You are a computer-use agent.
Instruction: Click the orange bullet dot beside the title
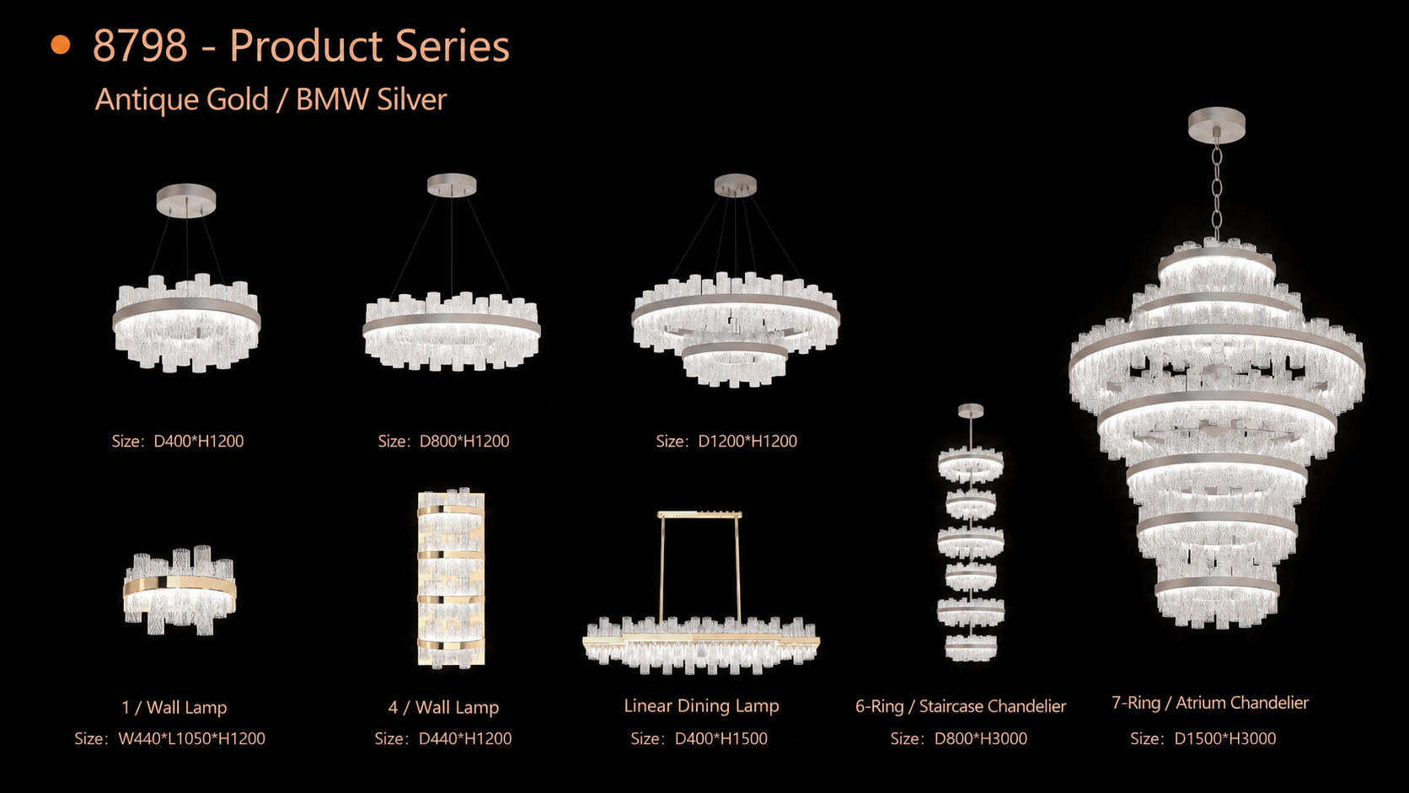pyautogui.click(x=61, y=46)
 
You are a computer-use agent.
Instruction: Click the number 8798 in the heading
pyautogui.click(x=140, y=46)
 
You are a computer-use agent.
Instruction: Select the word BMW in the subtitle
pyautogui.click(x=332, y=99)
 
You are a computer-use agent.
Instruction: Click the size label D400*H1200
pyautogui.click(x=199, y=441)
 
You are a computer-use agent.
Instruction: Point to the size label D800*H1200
pyautogui.click(x=464, y=441)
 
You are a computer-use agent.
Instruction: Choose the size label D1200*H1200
pyautogui.click(x=747, y=441)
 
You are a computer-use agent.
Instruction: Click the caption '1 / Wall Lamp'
pyautogui.click(x=174, y=708)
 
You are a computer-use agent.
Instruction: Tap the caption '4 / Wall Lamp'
pyautogui.click(x=443, y=708)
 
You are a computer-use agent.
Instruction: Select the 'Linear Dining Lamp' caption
pyautogui.click(x=701, y=705)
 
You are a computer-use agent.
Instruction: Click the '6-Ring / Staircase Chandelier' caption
pyautogui.click(x=961, y=706)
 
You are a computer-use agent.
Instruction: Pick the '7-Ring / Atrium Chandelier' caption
pyautogui.click(x=1209, y=703)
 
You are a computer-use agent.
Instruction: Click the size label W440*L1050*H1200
pyautogui.click(x=192, y=738)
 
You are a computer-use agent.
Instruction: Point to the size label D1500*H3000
pyautogui.click(x=1225, y=738)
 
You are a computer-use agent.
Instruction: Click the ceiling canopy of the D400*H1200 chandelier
pyautogui.click(x=186, y=201)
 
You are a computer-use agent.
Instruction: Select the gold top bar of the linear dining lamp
pyautogui.click(x=699, y=514)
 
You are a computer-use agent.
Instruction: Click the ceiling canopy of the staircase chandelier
pyautogui.click(x=971, y=411)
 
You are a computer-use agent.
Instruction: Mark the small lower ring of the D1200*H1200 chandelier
pyautogui.click(x=735, y=349)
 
